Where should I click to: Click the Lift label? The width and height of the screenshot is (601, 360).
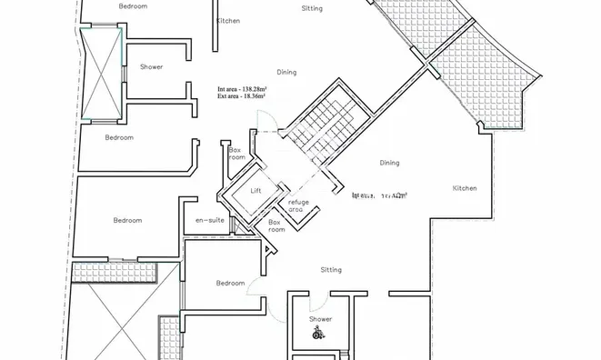click(x=255, y=190)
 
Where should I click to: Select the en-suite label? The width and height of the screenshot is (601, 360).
click(x=210, y=220)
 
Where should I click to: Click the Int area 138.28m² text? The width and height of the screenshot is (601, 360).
click(x=243, y=88)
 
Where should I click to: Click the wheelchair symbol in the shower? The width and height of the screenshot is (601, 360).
click(x=318, y=334)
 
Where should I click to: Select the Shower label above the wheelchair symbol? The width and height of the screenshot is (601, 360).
click(x=320, y=319)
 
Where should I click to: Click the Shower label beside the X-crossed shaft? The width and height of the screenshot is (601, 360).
click(x=151, y=67)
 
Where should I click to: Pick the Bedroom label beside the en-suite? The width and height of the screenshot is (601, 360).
click(x=127, y=220)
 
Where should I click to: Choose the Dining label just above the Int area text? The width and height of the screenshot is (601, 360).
click(x=285, y=71)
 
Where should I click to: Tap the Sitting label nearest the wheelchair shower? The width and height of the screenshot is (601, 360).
click(x=331, y=269)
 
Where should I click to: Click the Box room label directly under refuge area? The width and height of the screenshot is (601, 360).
click(x=276, y=225)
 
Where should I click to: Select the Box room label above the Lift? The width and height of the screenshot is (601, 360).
click(x=236, y=153)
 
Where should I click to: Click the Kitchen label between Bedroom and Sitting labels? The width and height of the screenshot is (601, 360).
click(x=228, y=20)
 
